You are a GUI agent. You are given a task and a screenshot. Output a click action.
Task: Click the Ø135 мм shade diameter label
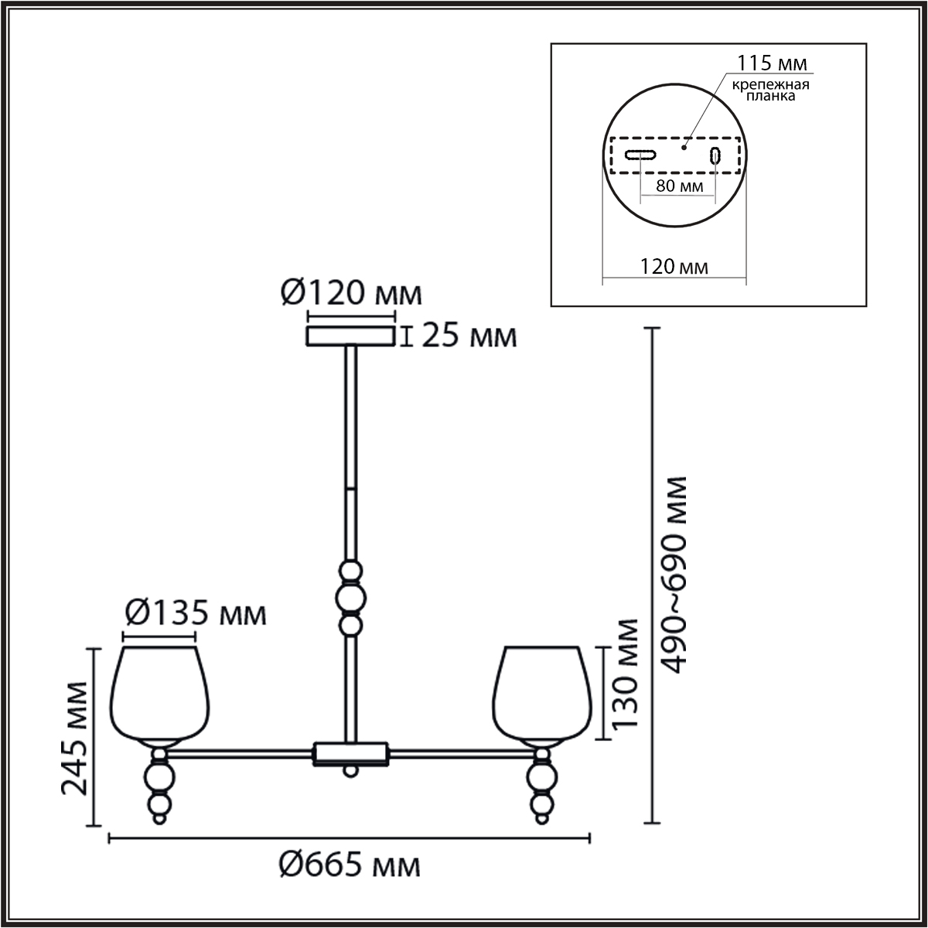(195, 613)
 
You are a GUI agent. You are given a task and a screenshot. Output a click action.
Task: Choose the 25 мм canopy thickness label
(469, 336)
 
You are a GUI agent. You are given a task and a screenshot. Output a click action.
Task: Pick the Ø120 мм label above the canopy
(351, 293)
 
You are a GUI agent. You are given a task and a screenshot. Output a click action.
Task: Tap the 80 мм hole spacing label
(679, 186)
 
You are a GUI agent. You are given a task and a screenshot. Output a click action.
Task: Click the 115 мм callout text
(772, 63)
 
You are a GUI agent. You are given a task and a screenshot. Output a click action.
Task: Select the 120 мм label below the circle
(674, 266)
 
